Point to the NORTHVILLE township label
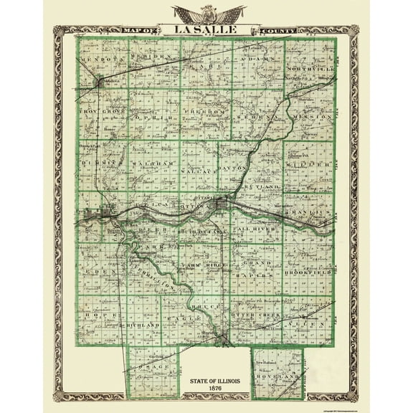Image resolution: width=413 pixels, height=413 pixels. coord(309,68)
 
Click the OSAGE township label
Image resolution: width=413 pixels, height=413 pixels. coord(153,367)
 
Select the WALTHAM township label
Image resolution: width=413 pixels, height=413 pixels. coord(153,164)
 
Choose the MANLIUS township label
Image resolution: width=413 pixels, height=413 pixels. coord(310,213)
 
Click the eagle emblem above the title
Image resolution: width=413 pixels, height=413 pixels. coord(206,13)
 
